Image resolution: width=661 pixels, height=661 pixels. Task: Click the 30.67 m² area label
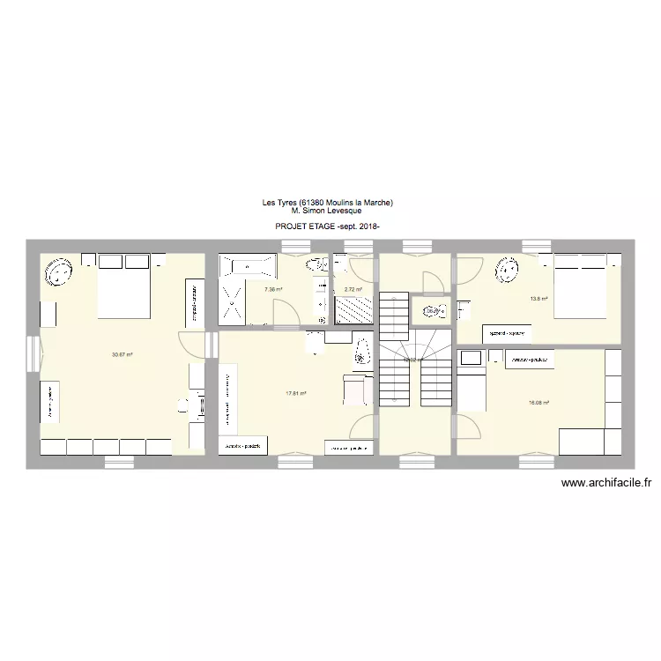(122, 354)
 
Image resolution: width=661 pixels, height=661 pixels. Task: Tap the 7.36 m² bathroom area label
(272, 289)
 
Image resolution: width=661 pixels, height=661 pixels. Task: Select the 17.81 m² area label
(295, 393)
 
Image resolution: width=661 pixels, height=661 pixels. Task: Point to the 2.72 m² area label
(353, 289)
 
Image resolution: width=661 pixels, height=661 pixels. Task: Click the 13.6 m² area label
(538, 299)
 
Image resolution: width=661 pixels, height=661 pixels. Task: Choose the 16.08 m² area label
(538, 403)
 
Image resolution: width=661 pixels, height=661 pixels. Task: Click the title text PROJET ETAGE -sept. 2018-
(327, 227)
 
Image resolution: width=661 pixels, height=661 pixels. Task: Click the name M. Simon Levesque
(327, 211)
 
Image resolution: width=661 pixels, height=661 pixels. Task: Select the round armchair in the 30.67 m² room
(59, 271)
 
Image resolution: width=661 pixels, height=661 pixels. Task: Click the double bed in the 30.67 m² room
(124, 287)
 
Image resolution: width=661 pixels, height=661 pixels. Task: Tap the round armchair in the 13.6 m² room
(509, 270)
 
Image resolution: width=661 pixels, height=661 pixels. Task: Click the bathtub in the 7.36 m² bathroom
(249, 264)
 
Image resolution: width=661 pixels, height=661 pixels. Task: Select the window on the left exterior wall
(33, 354)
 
